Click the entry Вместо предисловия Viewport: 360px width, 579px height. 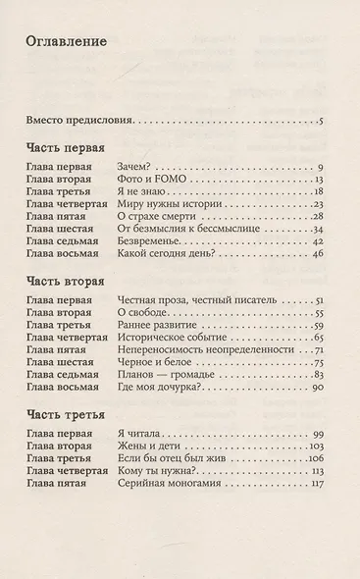click(79, 123)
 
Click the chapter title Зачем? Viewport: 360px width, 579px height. click(137, 168)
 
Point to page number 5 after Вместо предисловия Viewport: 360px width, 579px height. click(322, 123)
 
